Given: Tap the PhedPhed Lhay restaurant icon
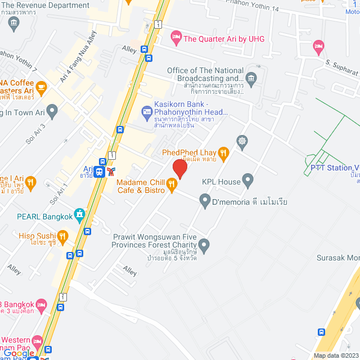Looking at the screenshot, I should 223,152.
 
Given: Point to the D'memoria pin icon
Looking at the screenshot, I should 204,200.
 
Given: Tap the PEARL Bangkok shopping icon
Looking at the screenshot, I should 80,214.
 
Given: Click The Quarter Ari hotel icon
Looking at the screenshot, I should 175,38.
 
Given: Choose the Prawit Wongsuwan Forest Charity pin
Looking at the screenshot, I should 204,245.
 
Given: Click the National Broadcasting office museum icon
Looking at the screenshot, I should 251,77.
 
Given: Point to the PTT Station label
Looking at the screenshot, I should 335,168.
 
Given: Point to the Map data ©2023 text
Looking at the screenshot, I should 335,355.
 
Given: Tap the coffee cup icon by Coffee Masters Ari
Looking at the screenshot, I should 42,84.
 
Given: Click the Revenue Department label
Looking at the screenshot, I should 46,6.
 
